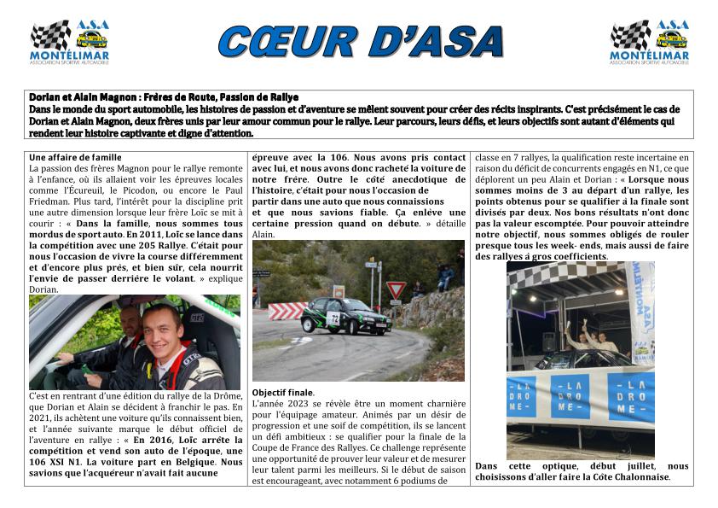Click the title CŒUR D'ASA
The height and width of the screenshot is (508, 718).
360,41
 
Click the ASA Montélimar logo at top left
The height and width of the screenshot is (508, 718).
69,42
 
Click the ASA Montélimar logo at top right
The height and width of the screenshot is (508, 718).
649,42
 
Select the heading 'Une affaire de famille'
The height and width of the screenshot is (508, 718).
75,158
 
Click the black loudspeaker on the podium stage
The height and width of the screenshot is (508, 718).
549,341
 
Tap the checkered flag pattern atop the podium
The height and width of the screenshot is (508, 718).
563,273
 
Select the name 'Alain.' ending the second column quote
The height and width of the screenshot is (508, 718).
263,234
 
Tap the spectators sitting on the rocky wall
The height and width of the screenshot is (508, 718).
444,275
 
